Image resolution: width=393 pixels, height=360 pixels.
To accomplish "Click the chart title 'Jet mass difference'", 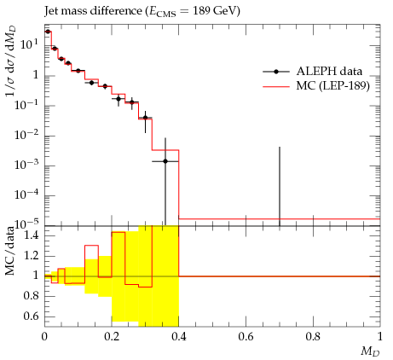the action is pyautogui.click(x=93, y=11).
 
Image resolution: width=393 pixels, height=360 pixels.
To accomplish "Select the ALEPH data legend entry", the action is pyautogui.click(x=313, y=72).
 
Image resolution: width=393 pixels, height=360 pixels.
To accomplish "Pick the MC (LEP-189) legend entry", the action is pyautogui.click(x=316, y=85).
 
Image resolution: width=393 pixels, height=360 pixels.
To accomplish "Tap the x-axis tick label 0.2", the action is pyautogui.click(x=112, y=337).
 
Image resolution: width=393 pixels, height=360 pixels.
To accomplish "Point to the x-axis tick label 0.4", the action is pyautogui.click(x=179, y=337).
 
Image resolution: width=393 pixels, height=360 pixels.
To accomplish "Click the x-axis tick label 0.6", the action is pyautogui.click(x=246, y=337).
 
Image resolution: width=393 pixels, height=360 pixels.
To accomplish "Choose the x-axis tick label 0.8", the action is pyautogui.click(x=313, y=337).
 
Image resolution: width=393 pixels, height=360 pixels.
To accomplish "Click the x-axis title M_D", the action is pyautogui.click(x=370, y=351).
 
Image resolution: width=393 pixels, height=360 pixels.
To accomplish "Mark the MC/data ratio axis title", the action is pyautogui.click(x=10, y=251).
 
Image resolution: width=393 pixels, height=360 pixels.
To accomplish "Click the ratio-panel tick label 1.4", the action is pyautogui.click(x=31, y=235).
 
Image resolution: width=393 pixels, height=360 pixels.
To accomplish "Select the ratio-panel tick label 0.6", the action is pyautogui.click(x=31, y=316).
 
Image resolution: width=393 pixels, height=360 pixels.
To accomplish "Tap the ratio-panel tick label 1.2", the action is pyautogui.click(x=31, y=256).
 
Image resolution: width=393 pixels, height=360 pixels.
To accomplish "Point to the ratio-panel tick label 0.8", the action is pyautogui.click(x=31, y=296).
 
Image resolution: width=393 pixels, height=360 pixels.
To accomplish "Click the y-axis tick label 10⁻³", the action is pyautogui.click(x=26, y=164).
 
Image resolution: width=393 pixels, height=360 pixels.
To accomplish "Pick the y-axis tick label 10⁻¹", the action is pyautogui.click(x=26, y=104).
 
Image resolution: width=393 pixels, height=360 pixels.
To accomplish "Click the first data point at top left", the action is pyautogui.click(x=48, y=32).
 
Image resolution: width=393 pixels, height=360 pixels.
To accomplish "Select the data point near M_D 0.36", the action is pyautogui.click(x=165, y=161).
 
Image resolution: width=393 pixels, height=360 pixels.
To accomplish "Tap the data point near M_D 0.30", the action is pyautogui.click(x=145, y=118).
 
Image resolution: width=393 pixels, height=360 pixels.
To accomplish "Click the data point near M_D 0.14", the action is pyautogui.click(x=91, y=83).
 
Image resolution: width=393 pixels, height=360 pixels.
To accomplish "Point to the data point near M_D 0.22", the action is pyautogui.click(x=118, y=99).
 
